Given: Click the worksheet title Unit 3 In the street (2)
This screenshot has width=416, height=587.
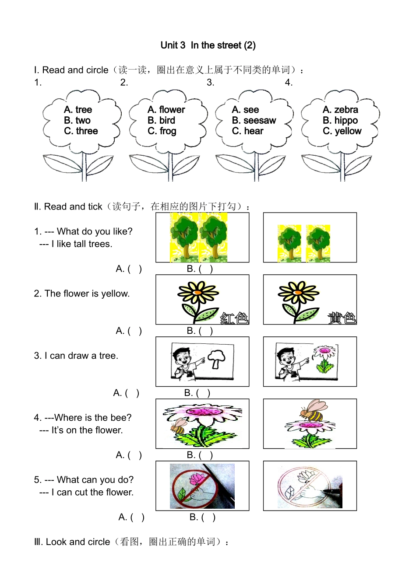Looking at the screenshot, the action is pyautogui.click(x=208, y=45).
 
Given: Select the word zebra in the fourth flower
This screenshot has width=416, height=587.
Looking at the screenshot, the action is pyautogui.click(x=346, y=109).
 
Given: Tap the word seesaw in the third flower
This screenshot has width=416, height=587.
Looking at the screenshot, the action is pyautogui.click(x=260, y=120).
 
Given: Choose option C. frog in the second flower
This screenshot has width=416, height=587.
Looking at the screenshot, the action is pyautogui.click(x=162, y=131).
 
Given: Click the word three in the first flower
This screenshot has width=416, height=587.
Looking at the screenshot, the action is pyautogui.click(x=87, y=131).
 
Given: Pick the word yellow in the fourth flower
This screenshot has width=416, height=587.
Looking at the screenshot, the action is pyautogui.click(x=348, y=131).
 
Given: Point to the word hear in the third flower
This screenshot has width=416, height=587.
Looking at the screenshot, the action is pyautogui.click(x=254, y=131).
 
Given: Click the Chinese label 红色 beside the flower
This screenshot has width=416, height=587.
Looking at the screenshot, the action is pyautogui.click(x=234, y=318).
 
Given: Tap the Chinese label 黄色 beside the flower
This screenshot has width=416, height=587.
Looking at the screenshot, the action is pyautogui.click(x=342, y=318).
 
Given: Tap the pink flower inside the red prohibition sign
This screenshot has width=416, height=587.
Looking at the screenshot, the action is pyautogui.click(x=197, y=479).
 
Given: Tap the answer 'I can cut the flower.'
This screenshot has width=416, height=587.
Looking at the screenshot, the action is pyautogui.click(x=92, y=492).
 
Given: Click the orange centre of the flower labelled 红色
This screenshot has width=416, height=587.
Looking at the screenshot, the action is pyautogui.click(x=198, y=292).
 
